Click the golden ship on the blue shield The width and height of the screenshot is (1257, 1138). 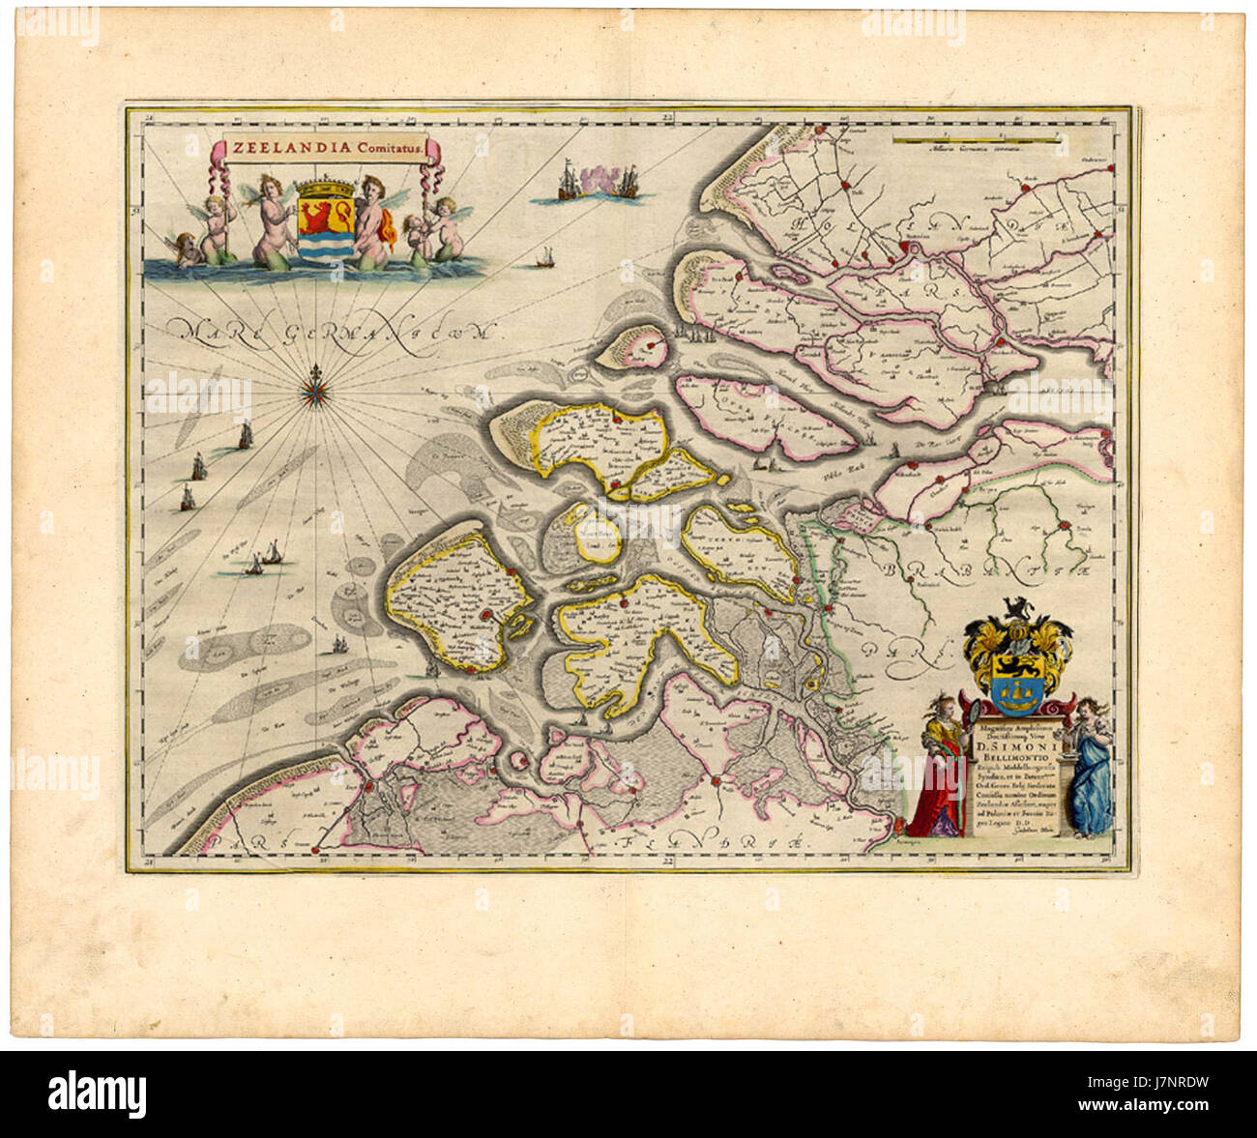click(x=1013, y=686)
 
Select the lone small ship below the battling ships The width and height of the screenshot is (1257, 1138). click(x=544, y=258)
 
